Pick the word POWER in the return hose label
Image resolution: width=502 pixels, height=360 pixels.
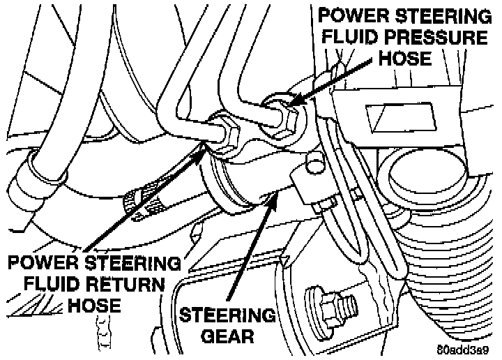pos(41,263)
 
